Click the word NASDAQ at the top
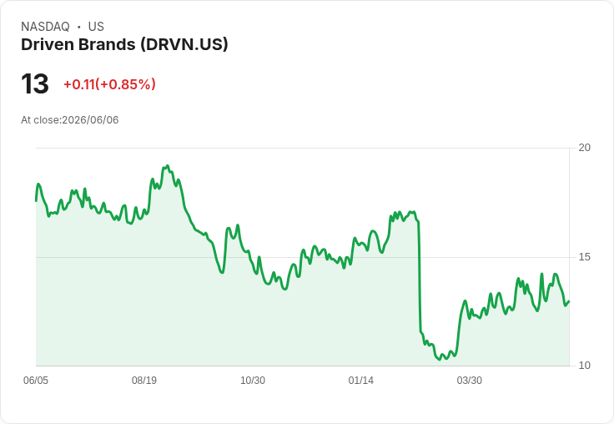[x=45, y=27]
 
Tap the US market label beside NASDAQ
[x=96, y=27]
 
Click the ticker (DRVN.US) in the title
[x=184, y=45]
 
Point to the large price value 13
[x=35, y=83]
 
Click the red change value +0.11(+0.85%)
[x=109, y=84]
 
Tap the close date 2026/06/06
[x=90, y=120]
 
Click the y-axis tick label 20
[x=584, y=148]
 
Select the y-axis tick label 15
[x=584, y=257]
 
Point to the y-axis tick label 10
[x=584, y=366]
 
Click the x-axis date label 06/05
[x=36, y=381]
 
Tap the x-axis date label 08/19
[x=144, y=381]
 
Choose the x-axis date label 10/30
[x=253, y=381]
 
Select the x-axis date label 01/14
[x=360, y=381]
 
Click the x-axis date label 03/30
[x=469, y=381]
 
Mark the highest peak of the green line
[x=168, y=166]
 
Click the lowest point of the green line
[x=440, y=360]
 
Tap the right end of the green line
[x=569, y=301]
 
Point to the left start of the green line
[x=36, y=201]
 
